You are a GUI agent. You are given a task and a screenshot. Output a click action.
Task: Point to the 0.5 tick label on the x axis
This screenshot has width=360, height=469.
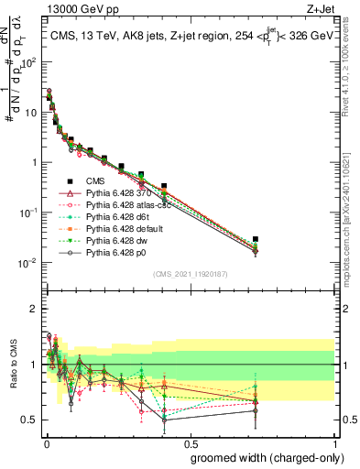(x=189, y=443)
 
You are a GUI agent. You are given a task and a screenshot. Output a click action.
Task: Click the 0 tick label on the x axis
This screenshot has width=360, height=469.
(x=45, y=443)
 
